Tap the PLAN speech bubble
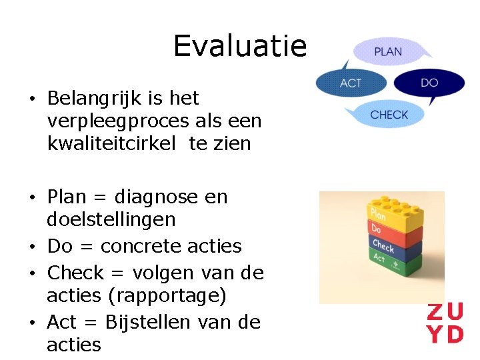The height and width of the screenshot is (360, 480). pos(388,51)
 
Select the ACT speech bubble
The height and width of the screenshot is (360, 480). pos(350,83)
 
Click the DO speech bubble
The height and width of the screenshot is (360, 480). pos(429,83)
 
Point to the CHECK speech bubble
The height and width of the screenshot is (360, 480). pos(389,115)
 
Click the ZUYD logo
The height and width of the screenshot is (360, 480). pos(445,323)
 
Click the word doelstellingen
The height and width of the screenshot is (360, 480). pos(111,219)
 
